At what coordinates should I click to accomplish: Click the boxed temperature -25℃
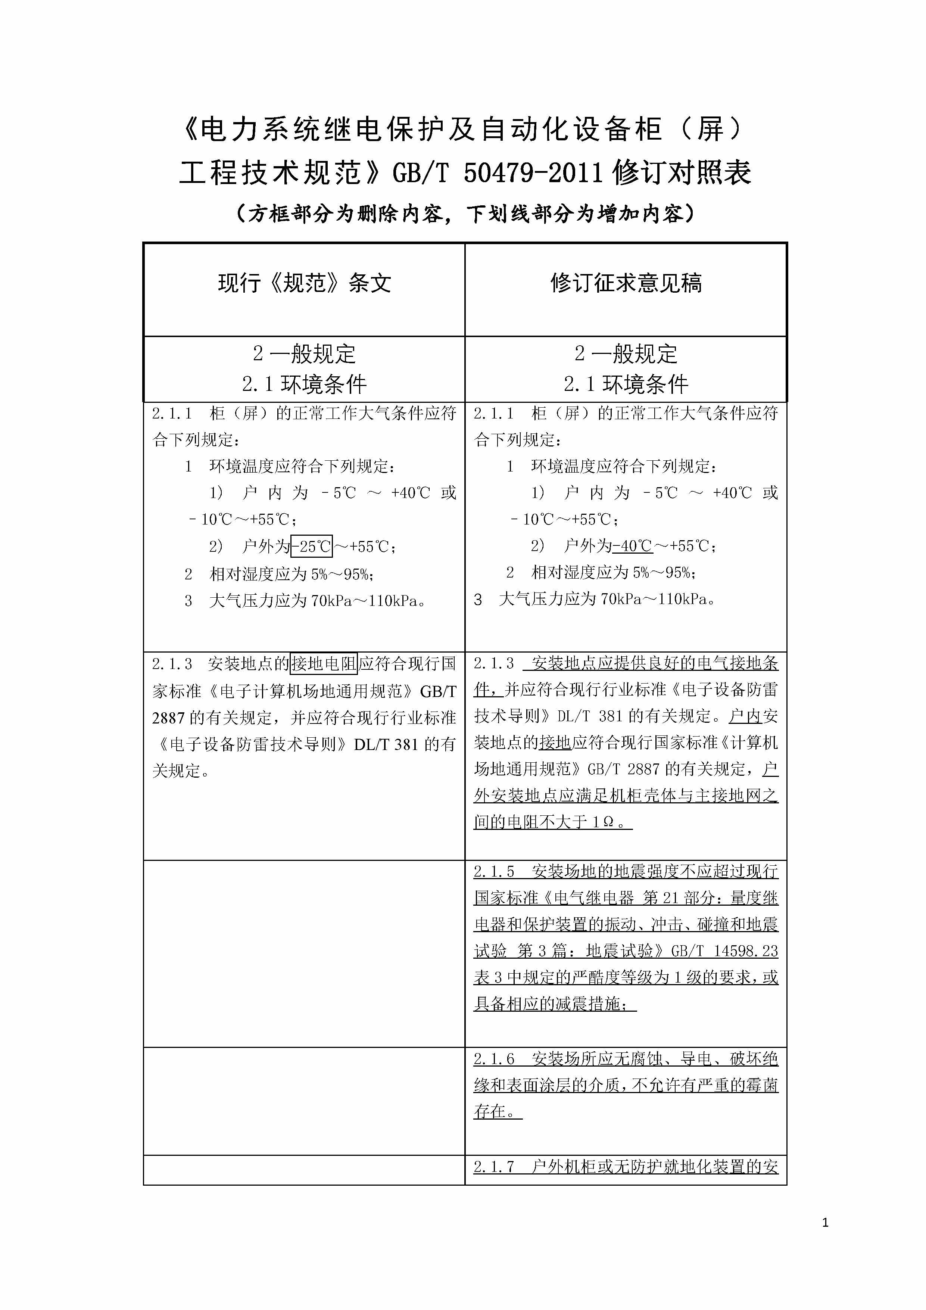click(312, 547)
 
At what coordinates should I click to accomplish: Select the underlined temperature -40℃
click(633, 546)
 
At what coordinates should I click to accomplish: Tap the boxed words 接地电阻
click(324, 663)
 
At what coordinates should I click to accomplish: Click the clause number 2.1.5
click(494, 871)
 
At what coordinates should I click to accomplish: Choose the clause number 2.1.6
click(494, 1059)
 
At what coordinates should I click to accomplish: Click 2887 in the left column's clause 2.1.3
click(168, 718)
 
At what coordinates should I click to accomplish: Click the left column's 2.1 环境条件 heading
click(304, 384)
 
